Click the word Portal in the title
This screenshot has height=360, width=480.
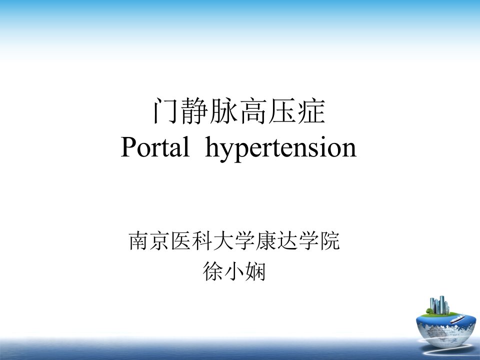tap(155, 147)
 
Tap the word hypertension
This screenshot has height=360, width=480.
tap(280, 149)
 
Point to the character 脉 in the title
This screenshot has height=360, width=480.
tap(224, 111)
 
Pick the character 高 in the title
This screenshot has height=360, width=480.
tap(253, 111)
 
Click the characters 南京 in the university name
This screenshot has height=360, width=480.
tap(149, 240)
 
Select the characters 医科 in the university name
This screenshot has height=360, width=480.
tap(191, 240)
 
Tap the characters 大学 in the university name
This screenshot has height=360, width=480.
tap(234, 240)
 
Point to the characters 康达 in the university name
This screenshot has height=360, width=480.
tap(276, 240)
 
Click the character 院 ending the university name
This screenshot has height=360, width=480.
tap(330, 240)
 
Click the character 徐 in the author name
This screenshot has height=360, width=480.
tap(213, 271)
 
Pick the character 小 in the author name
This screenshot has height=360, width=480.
tap(234, 271)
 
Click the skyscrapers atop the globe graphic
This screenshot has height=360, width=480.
tap(439, 305)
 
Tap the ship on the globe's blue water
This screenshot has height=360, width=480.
tap(457, 319)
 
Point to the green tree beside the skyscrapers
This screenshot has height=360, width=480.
tap(429, 311)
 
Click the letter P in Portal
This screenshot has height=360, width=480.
tap(128, 147)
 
